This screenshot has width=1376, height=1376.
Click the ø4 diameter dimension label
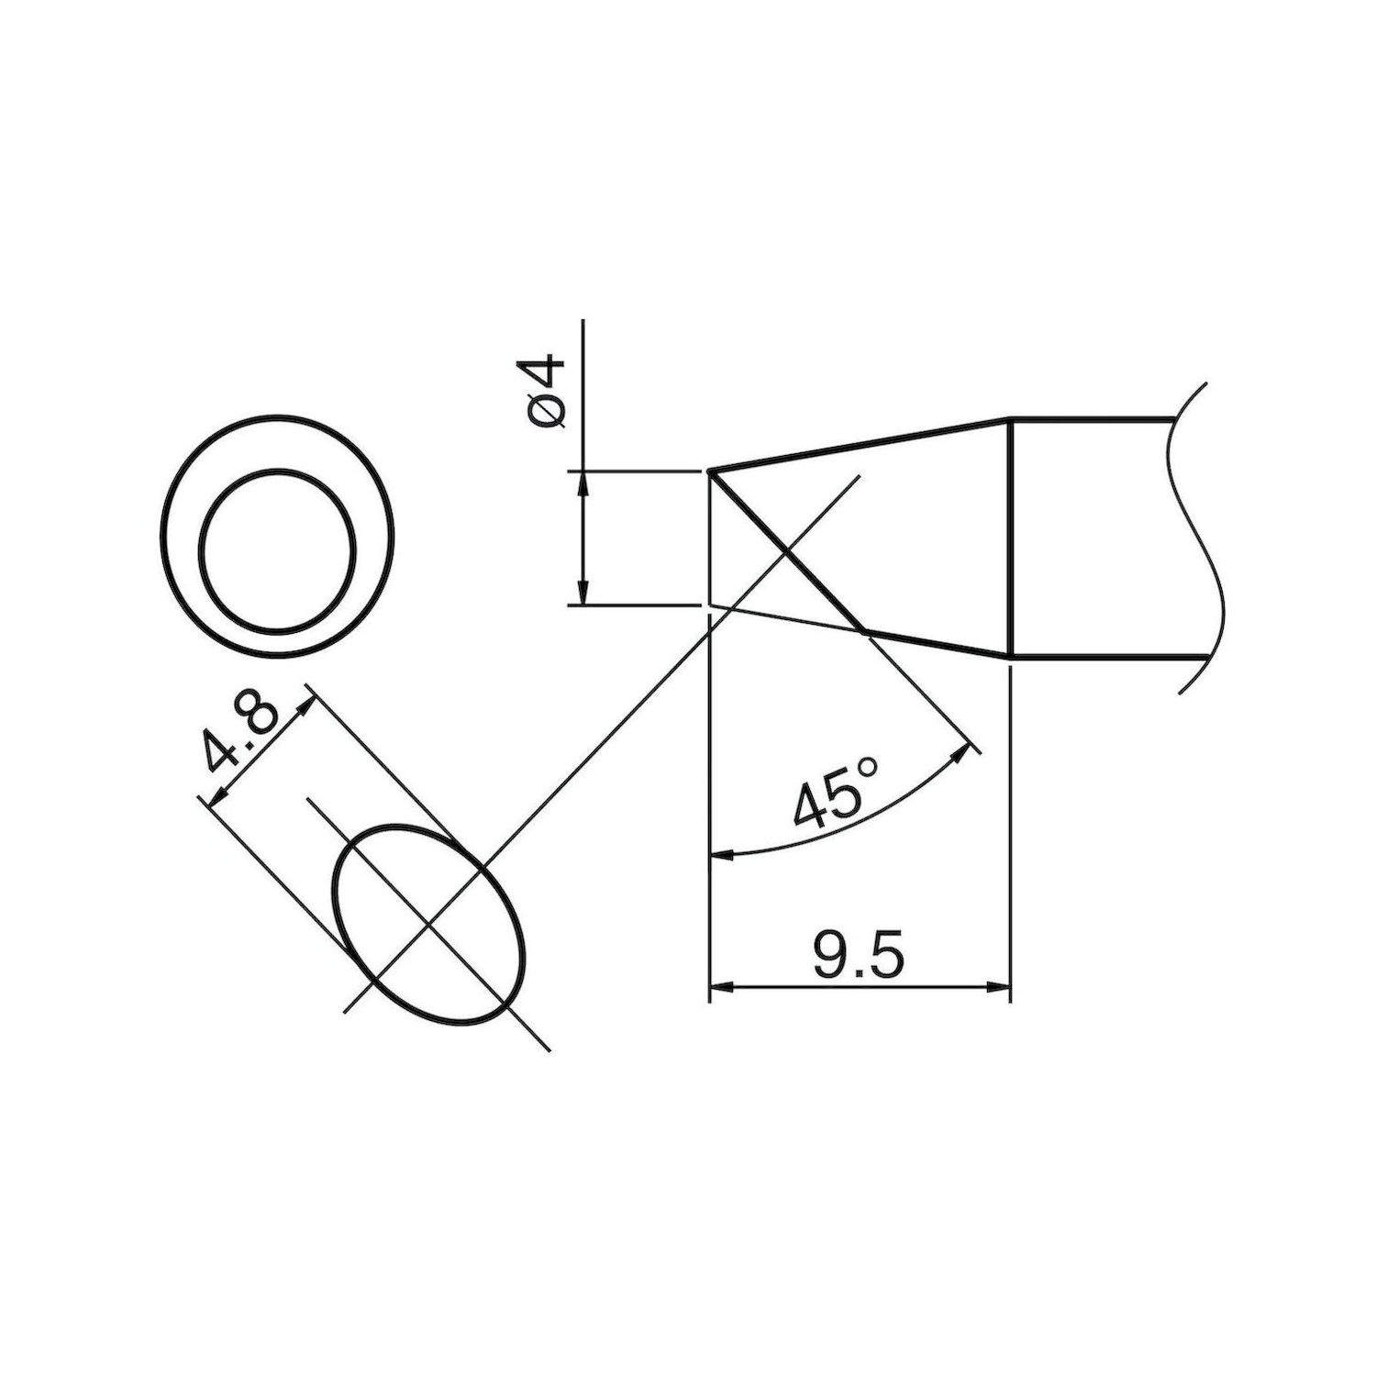click(x=548, y=393)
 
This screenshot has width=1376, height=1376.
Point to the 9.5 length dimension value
click(x=858, y=958)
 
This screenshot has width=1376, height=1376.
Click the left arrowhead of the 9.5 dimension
click(x=721, y=988)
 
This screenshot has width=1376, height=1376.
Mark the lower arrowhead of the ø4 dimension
click(x=583, y=595)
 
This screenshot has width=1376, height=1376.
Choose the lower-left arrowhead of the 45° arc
click(x=723, y=855)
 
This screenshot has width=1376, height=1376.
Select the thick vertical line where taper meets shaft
click(x=1010, y=538)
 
